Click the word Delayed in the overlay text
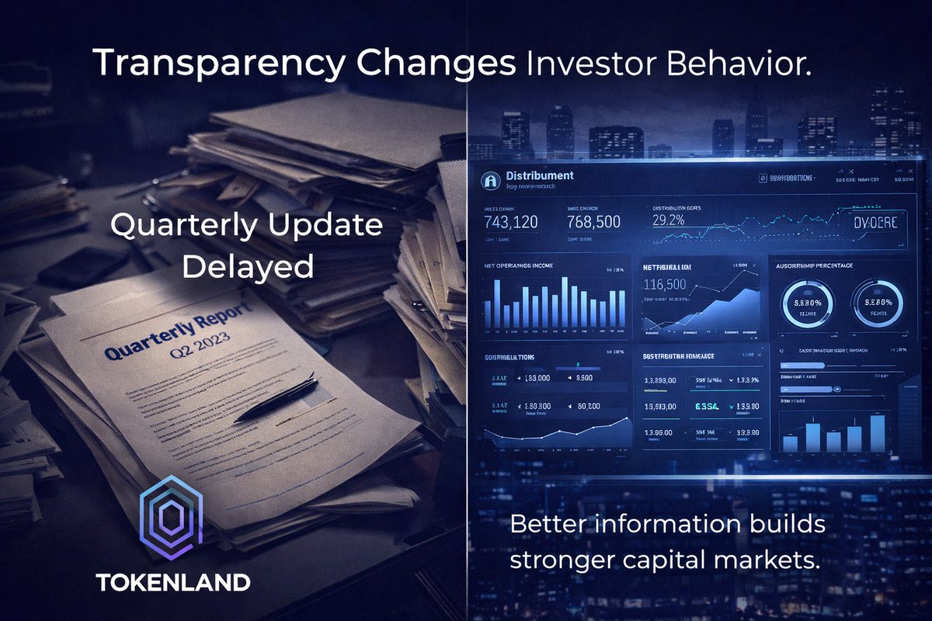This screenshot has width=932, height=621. (x=247, y=266)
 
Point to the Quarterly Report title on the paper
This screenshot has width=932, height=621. (x=178, y=334)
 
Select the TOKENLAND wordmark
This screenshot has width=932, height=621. (x=172, y=582)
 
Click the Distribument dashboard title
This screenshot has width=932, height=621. (x=539, y=175)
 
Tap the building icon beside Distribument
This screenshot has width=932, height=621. (x=490, y=180)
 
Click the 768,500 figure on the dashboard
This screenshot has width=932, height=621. (x=593, y=223)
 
